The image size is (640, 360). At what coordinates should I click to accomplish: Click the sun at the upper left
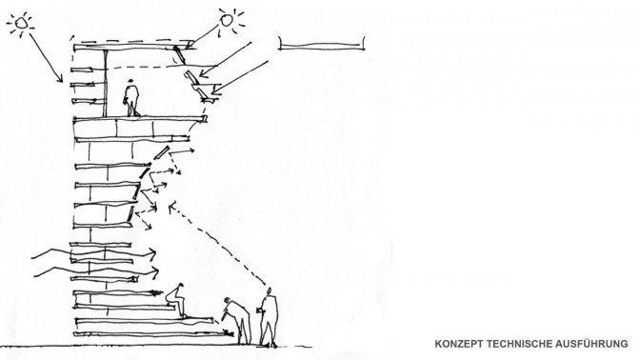pos(20,23)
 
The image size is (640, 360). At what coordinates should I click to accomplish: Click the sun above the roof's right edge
pos(227,19)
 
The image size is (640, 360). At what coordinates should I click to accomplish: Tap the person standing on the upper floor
pos(131,98)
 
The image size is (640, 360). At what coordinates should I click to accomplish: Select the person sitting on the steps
pos(177,300)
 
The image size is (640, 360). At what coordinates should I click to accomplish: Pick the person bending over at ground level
pos(237,320)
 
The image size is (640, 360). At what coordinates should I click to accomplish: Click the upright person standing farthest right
pos(268,317)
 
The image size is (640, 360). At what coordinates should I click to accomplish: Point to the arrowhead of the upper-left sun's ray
pos(60,79)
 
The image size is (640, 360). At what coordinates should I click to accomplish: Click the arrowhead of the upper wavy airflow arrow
pos(152,254)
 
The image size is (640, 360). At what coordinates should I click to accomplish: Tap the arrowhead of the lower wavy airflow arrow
pos(154,272)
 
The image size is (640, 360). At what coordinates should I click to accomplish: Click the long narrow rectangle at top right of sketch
pos(322,44)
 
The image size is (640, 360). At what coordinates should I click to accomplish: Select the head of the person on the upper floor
pos(130,82)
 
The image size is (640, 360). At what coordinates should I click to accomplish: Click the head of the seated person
pos(180,286)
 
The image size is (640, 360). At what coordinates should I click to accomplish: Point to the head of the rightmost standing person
pos(269,290)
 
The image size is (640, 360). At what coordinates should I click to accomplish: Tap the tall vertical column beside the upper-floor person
pos(106,83)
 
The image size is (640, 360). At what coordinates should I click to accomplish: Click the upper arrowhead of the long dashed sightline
pos(171,206)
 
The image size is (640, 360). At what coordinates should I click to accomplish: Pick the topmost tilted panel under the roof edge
pos(179,55)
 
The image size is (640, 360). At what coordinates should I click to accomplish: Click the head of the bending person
pos(227,301)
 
